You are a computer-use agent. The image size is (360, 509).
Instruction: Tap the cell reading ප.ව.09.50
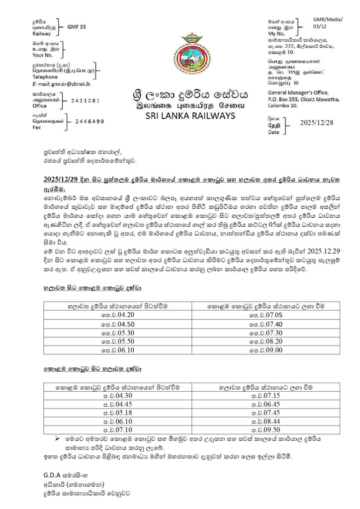(268, 429)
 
